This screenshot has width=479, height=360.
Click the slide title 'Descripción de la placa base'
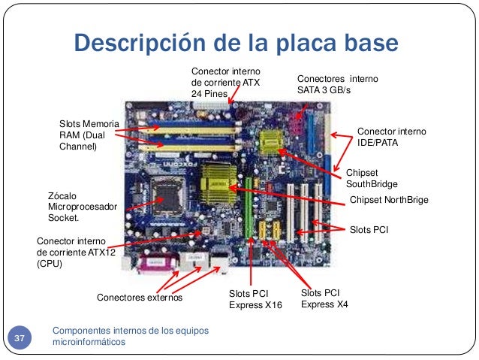239,42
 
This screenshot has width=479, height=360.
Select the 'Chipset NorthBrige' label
389,201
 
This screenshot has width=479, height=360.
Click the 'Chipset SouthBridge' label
371,178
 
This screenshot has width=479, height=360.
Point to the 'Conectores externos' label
139,298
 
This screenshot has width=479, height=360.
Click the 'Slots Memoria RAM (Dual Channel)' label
84,135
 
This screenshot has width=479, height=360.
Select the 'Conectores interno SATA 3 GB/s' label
338,83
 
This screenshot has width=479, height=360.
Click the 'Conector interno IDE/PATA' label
390,136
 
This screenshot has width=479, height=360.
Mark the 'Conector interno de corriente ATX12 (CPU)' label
71,253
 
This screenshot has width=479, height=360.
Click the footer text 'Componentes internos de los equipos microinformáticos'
131,337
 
